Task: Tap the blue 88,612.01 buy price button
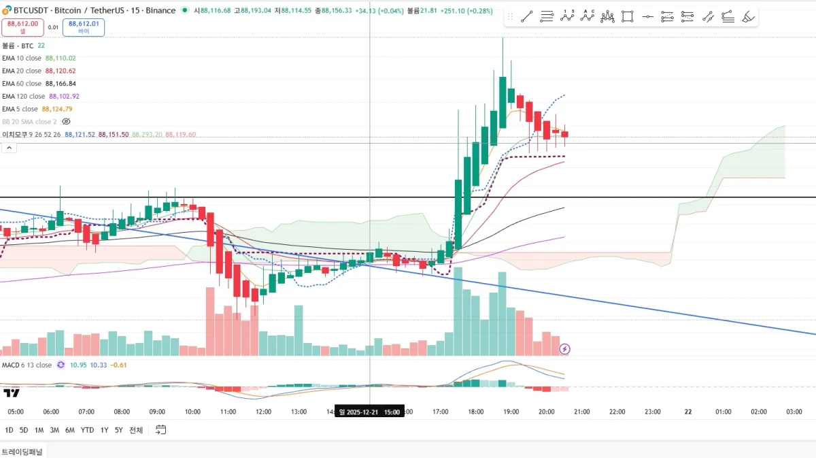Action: [84, 27]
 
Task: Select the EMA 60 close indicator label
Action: [22, 84]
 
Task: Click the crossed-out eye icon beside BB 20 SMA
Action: [66, 122]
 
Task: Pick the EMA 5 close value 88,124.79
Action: [57, 109]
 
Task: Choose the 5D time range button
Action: [24, 430]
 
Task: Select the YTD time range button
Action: [87, 430]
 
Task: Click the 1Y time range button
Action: [104, 430]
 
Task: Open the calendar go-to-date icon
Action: [161, 430]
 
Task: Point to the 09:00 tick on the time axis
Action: [157, 412]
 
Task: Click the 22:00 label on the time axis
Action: [617, 412]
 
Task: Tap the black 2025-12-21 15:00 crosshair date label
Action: [370, 412]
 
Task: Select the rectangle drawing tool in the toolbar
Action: [627, 17]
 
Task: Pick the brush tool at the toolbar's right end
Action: [748, 17]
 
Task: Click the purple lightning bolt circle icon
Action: [564, 349]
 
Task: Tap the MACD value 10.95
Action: [78, 365]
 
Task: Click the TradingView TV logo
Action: [12, 393]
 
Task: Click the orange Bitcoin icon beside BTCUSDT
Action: [7, 10]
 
